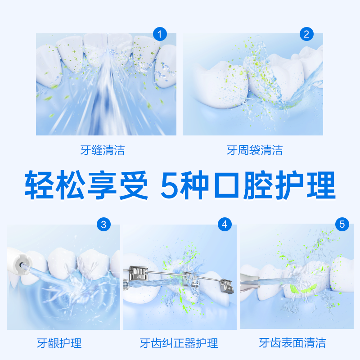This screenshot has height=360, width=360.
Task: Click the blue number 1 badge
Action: click(160, 34)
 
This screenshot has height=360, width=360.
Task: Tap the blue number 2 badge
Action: click(307, 34)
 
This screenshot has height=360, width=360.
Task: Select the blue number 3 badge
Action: click(104, 225)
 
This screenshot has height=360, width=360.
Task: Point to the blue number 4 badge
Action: click(225, 225)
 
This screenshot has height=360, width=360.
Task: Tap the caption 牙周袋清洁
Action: click(255, 150)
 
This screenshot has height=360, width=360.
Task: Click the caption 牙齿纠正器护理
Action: click(179, 343)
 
